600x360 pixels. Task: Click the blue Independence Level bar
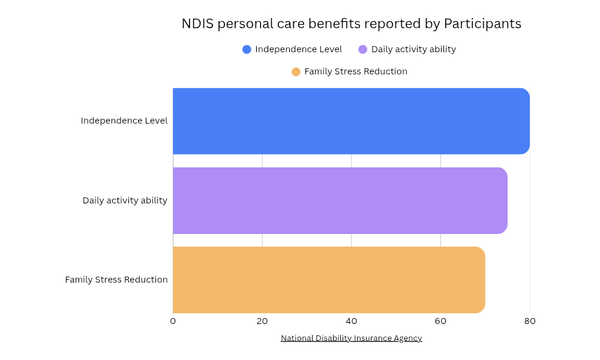click(x=351, y=121)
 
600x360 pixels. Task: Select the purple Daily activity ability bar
click(x=340, y=200)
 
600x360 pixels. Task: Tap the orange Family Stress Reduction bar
click(x=329, y=280)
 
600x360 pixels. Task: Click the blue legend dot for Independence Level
click(x=247, y=49)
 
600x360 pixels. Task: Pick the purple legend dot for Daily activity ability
click(x=362, y=49)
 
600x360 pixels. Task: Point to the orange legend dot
click(x=296, y=71)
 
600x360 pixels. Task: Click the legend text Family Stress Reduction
click(x=356, y=71)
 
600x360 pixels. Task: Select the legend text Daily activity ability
click(x=413, y=49)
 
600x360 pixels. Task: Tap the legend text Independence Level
click(x=298, y=49)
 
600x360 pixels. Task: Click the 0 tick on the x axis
click(x=173, y=321)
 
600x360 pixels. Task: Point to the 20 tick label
click(x=262, y=321)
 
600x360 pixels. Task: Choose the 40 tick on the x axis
click(x=352, y=321)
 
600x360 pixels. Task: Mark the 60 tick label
click(x=440, y=321)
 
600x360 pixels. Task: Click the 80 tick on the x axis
click(x=530, y=321)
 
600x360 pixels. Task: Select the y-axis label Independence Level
click(x=124, y=121)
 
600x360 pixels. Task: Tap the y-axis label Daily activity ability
click(x=125, y=200)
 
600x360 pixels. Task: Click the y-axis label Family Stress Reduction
click(x=116, y=280)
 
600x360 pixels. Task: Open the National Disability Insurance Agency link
click(x=351, y=338)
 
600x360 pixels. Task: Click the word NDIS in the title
click(x=197, y=24)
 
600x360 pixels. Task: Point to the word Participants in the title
click(x=482, y=24)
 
